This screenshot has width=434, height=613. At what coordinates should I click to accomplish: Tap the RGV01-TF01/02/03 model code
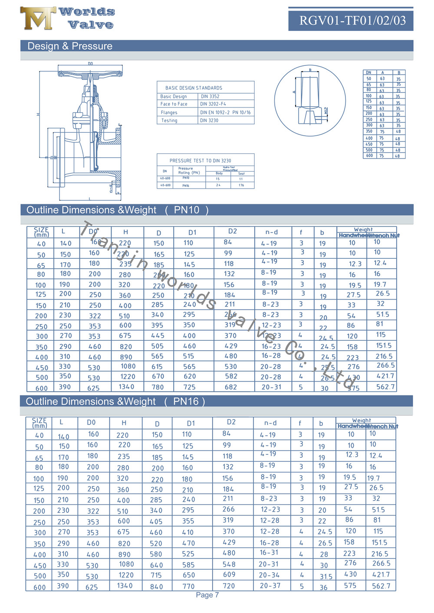tap(352, 20)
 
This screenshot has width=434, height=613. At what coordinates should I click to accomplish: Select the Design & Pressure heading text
tap(70, 46)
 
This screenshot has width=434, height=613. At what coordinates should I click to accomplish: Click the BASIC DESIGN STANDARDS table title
tap(194, 88)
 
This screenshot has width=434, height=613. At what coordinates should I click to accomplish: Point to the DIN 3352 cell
tap(210, 96)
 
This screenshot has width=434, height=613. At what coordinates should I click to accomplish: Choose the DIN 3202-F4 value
tap(213, 104)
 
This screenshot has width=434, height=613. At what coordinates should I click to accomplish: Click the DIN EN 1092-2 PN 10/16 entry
tap(225, 112)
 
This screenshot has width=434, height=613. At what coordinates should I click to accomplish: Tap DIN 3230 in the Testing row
tap(209, 121)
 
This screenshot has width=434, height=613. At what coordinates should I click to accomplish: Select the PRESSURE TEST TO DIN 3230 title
tap(200, 160)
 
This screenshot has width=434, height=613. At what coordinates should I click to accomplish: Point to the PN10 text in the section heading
tap(187, 210)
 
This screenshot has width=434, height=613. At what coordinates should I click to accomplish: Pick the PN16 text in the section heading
tap(186, 401)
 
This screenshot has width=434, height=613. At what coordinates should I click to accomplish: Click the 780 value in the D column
tap(158, 387)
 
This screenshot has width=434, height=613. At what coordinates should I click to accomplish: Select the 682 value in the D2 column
tap(231, 387)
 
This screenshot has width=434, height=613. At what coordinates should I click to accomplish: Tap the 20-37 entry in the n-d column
tap(270, 586)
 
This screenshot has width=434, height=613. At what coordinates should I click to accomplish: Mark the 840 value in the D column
tap(156, 587)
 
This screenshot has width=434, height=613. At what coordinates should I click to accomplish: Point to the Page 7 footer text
tap(207, 595)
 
